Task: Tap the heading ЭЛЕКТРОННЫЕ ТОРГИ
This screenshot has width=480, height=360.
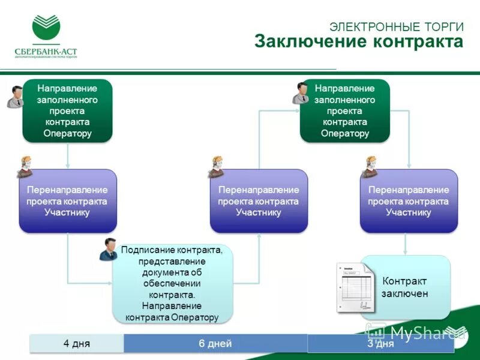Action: point(397,26)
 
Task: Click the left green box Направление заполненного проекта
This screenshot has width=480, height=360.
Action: point(67,111)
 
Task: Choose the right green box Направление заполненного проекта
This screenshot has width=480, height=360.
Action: point(345,111)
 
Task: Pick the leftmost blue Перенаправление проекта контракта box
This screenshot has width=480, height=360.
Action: point(67,201)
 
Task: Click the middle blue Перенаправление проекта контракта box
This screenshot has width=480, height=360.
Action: point(259,201)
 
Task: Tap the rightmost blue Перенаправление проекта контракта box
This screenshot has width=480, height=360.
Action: point(409,201)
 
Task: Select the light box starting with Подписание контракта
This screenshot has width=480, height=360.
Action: point(172,283)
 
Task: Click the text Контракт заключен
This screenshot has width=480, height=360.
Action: point(405,287)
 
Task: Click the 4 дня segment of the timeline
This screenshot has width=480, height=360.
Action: point(77,344)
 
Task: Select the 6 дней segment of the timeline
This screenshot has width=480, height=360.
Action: point(215,344)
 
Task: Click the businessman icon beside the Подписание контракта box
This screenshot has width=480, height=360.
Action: point(109,248)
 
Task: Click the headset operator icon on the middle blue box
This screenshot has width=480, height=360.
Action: point(215,167)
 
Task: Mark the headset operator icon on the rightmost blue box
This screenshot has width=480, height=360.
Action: point(370,167)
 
